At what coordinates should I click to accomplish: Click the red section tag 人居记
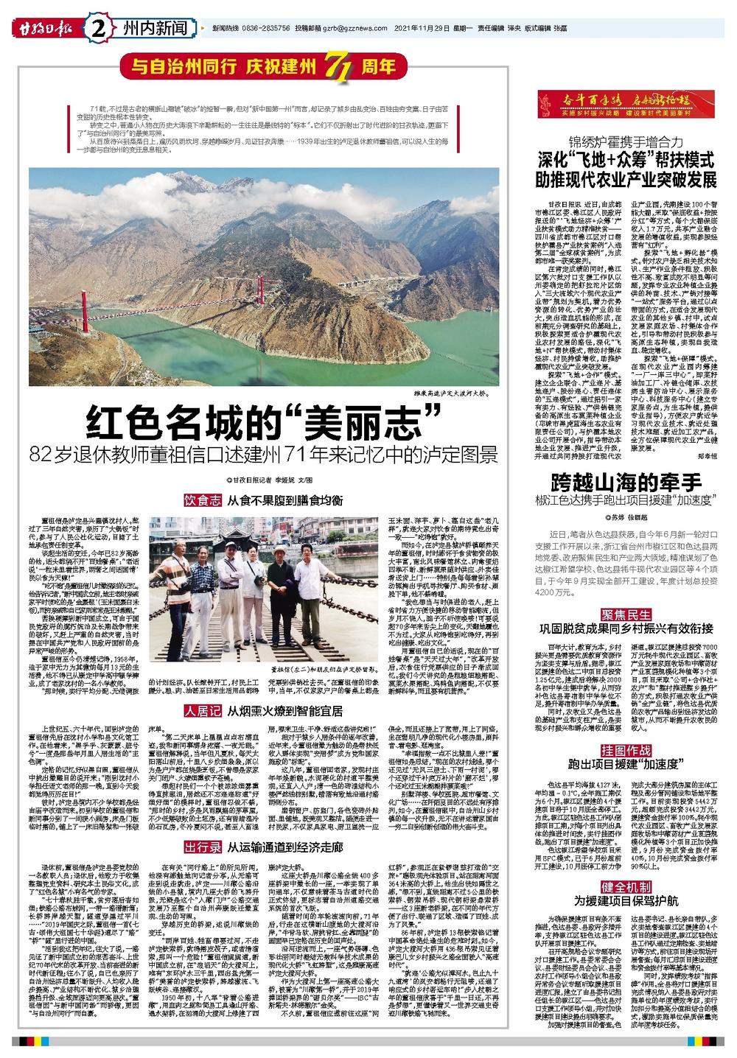(203, 710)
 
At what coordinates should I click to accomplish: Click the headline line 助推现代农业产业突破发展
(626, 181)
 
